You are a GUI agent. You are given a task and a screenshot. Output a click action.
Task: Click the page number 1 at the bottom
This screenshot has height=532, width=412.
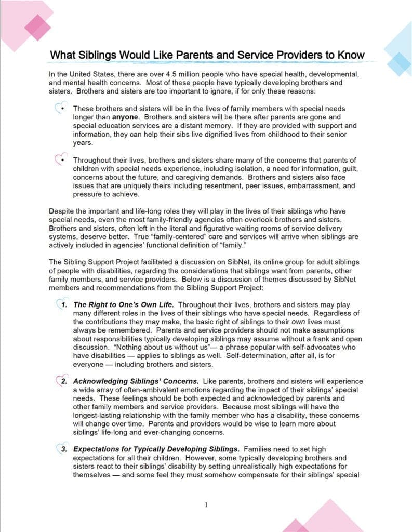206,504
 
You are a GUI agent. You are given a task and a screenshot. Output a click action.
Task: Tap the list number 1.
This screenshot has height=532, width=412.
64,304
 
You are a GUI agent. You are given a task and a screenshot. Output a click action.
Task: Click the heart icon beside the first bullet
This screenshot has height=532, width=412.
60,108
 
